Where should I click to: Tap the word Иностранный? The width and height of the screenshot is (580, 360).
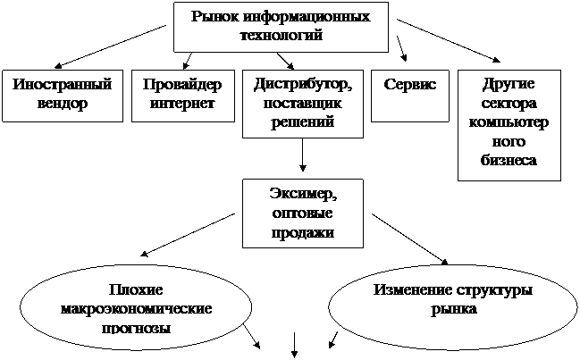pyautogui.click(x=63, y=86)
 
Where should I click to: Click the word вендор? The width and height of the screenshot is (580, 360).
pyautogui.click(x=63, y=104)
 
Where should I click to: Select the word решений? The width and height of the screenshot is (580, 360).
pyautogui.click(x=303, y=121)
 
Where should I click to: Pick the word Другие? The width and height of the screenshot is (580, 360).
pyautogui.click(x=509, y=86)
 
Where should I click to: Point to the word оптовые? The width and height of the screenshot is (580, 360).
pyautogui.click(x=303, y=214)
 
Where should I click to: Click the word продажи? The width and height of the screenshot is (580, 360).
pyautogui.click(x=303, y=232)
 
